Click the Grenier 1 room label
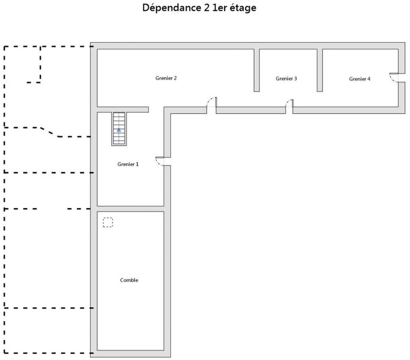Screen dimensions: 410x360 [x=128, y=164]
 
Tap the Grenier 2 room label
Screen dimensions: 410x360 [x=166, y=78]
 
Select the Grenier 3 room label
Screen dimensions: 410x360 [x=286, y=79]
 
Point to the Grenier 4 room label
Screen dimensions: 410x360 [x=360, y=79]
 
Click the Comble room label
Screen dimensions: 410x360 [x=129, y=280]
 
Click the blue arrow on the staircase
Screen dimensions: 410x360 [x=119, y=130]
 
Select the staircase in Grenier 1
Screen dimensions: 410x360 [x=119, y=128]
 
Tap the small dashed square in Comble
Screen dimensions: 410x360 [x=107, y=222]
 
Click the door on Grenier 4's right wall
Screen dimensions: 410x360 [x=394, y=78]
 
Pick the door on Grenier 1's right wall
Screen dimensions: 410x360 [x=160, y=161]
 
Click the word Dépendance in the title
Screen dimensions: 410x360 [x=172, y=8]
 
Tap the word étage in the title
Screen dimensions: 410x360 [x=243, y=8]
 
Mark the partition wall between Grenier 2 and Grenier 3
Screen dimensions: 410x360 [x=257, y=70]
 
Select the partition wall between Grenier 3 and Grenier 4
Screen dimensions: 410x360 [x=320, y=70]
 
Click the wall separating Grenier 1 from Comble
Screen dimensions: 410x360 [x=130, y=209]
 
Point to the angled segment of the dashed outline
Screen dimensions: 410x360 [x=49, y=132]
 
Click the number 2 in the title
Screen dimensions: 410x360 [x=207, y=8]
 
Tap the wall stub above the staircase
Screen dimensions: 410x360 [x=123, y=110]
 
